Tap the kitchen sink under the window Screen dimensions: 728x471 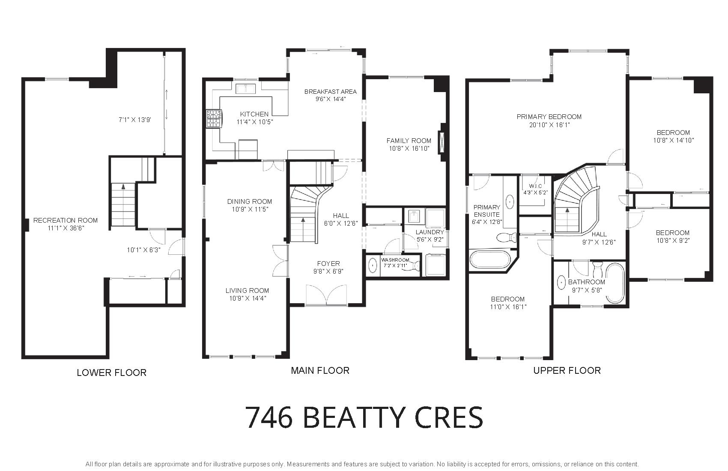pos(246,88)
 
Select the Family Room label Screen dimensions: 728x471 pos(409,141)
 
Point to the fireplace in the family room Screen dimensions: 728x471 pos(442,142)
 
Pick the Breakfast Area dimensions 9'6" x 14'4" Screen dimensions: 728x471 pos(331,99)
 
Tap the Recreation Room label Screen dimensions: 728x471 pos(66,221)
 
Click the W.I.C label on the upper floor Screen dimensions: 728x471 pos(536,186)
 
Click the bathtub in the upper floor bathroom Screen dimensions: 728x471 pos(615,283)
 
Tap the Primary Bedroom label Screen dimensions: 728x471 pos(549,117)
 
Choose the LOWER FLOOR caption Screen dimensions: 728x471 pos(111,373)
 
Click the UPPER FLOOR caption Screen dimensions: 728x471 pos(567,370)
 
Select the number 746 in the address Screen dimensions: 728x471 pos(269,418)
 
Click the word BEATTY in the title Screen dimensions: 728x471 pos(354,418)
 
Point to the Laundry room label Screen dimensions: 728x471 pos(430,232)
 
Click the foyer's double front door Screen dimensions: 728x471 pos(327,295)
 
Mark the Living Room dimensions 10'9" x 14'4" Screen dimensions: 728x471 pos(248,298)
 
